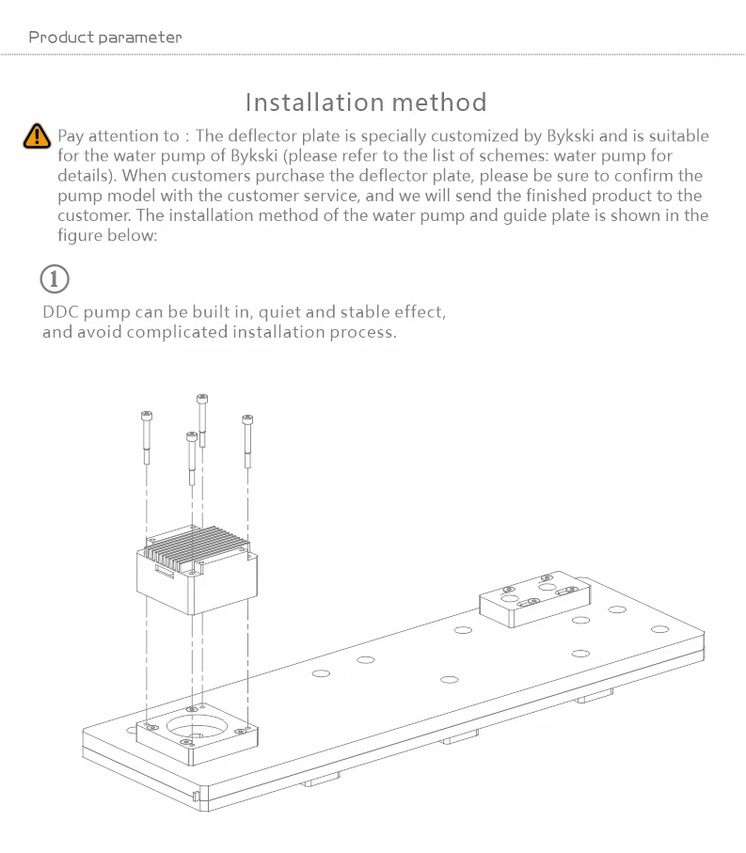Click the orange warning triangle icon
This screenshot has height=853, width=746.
[x=36, y=135]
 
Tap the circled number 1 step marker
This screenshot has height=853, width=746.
[x=55, y=279]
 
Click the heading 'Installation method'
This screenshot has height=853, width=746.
[x=366, y=102]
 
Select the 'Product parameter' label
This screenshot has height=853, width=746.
[x=104, y=38]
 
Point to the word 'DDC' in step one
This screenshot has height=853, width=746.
[x=61, y=312]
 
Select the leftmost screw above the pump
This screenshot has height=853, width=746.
[x=146, y=438]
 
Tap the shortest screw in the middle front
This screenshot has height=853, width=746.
[x=191, y=458]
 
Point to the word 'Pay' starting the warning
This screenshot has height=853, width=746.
[x=71, y=136]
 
